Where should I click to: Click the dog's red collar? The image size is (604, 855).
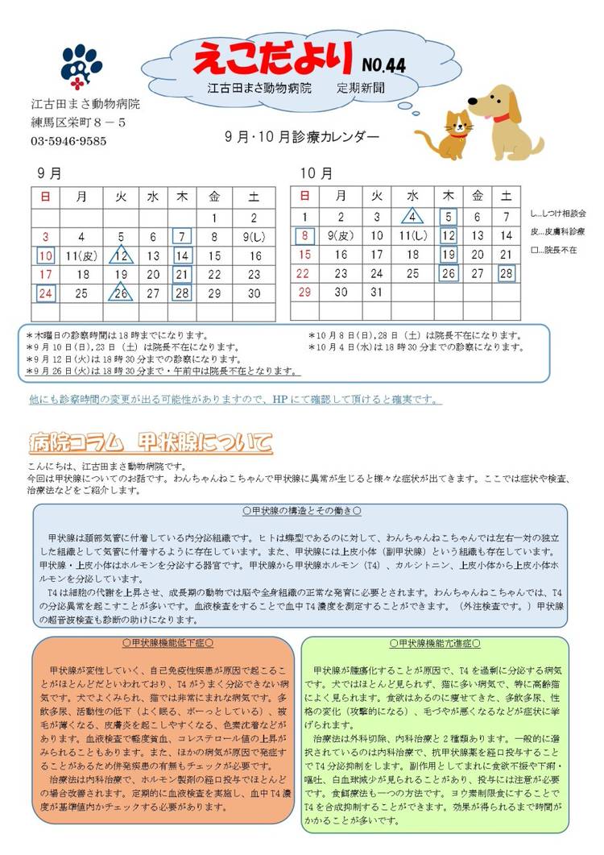tap(502, 119)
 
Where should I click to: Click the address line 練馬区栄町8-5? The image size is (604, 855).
tap(78, 122)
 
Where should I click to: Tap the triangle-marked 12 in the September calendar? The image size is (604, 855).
tap(121, 255)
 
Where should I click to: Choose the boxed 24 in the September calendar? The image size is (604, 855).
tap(46, 293)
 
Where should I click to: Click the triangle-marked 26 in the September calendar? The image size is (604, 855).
tap(121, 293)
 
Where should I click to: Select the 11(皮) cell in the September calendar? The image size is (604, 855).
tap(82, 255)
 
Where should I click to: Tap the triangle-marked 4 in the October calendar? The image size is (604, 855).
tap(412, 217)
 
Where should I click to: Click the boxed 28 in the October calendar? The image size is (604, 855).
tap(506, 273)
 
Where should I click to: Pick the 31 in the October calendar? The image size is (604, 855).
tap(376, 292)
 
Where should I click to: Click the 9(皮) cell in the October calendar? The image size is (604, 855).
tap(341, 236)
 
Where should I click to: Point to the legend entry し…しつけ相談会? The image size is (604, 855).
tap(558, 214)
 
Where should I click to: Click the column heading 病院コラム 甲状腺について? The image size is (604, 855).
tap(150, 442)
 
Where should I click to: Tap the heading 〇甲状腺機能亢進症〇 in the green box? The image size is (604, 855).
tap(435, 644)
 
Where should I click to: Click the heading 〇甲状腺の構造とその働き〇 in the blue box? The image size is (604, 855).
tap(301, 511)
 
